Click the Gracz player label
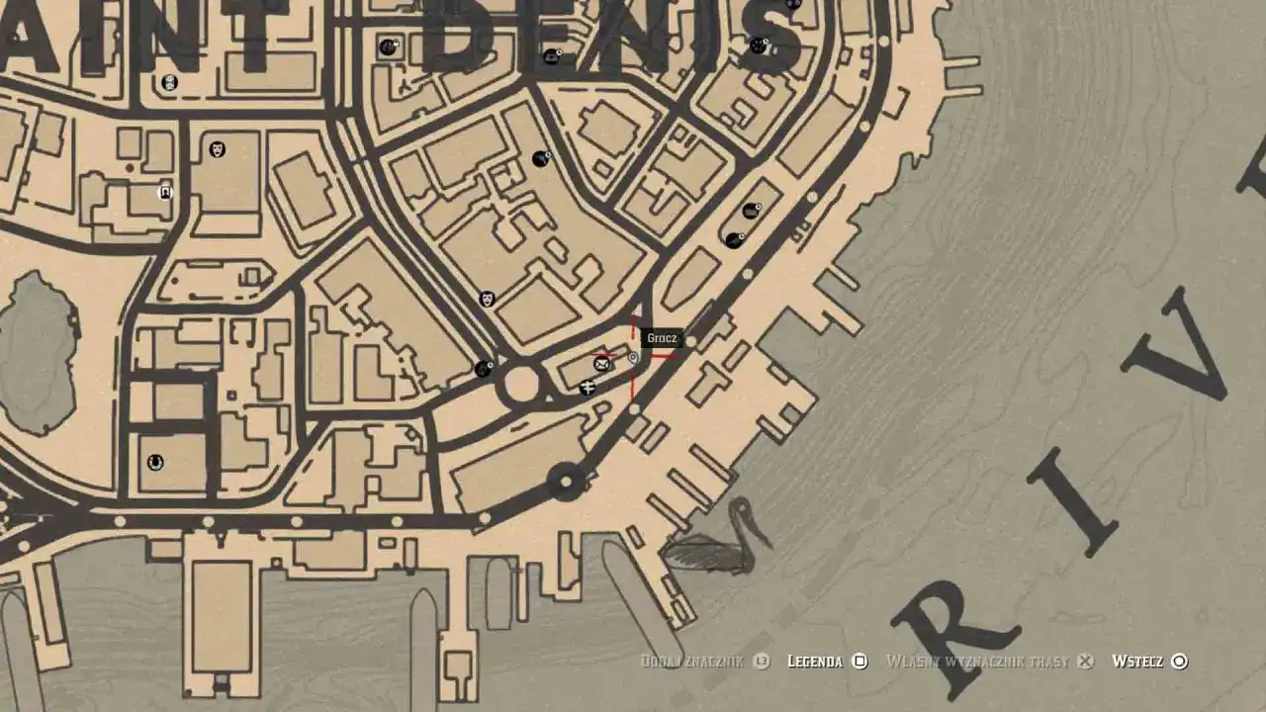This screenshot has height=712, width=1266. [661, 338]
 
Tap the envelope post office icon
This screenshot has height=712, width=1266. [601, 364]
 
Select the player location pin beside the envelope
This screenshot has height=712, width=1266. [633, 358]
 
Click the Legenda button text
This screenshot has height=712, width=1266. [815, 662]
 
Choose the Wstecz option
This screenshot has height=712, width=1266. [1137, 662]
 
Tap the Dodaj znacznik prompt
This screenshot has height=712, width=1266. [691, 662]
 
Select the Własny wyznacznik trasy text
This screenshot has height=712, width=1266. [977, 662]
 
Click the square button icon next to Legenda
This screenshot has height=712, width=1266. [860, 662]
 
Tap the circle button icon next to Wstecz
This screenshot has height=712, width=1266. [1179, 662]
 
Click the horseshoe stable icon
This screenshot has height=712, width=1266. [155, 462]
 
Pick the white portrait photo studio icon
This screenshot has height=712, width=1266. [166, 193]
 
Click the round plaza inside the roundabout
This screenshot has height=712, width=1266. [521, 384]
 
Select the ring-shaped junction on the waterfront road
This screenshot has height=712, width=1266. [566, 483]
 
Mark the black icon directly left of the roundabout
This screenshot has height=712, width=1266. [483, 369]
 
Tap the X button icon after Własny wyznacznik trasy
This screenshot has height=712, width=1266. [1085, 662]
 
